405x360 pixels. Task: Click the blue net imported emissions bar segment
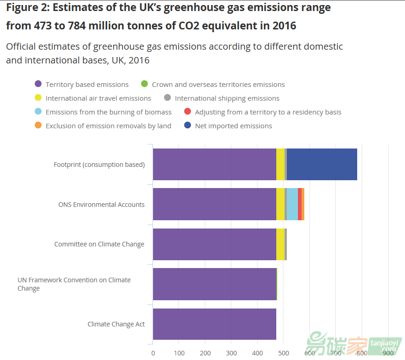[322, 164]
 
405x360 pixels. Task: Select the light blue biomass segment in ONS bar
[292, 204]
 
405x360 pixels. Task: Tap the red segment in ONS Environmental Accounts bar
[300, 204]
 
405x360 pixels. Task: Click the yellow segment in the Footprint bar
[280, 164]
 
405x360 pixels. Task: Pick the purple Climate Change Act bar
[214, 324]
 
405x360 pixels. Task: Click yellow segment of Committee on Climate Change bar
[280, 244]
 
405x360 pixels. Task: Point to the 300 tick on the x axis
[231, 353]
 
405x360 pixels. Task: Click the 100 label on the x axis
[179, 353]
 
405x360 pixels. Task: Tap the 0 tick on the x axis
[153, 353]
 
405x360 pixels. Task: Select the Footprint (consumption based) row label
[99, 165]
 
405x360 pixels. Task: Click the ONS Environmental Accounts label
[101, 205]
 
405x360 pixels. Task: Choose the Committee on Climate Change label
[99, 244]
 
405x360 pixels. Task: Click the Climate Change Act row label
[116, 324]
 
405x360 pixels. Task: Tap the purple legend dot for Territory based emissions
[38, 84]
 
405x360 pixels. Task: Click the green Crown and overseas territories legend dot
[144, 84]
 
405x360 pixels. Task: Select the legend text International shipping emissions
[227, 98]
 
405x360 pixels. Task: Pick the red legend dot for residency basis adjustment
[187, 112]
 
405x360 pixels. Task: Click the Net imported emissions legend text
[234, 126]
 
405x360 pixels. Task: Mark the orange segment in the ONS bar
[303, 204]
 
